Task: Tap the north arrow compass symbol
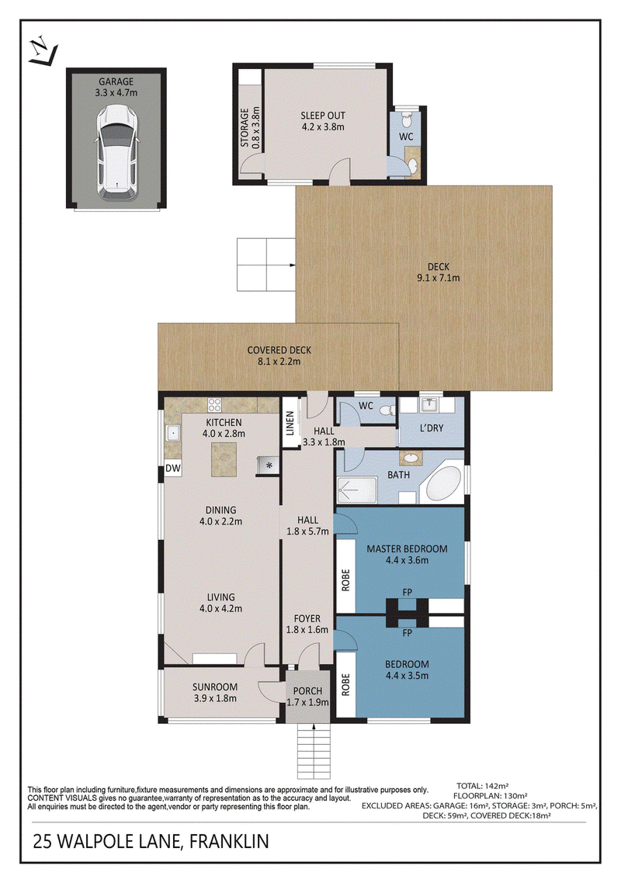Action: coord(43,51)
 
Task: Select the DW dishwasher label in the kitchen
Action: coord(173,469)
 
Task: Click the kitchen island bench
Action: coord(224,459)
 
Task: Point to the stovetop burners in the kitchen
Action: coord(214,404)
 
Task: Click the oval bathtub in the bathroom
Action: coord(444,484)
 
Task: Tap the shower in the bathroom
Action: coord(356,490)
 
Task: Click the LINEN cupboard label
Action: coord(290,424)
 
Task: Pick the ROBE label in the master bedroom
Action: coord(345,580)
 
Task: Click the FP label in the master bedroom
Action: coord(408,592)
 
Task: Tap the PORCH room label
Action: coord(307,691)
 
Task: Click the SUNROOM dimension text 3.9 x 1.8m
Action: coord(215,698)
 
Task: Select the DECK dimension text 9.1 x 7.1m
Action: coord(439,278)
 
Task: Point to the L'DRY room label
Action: coord(432,428)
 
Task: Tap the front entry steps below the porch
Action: coord(314,751)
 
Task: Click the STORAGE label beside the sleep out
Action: coord(245,128)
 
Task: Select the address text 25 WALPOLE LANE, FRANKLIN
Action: coord(151,842)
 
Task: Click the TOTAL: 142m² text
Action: coord(482,786)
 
